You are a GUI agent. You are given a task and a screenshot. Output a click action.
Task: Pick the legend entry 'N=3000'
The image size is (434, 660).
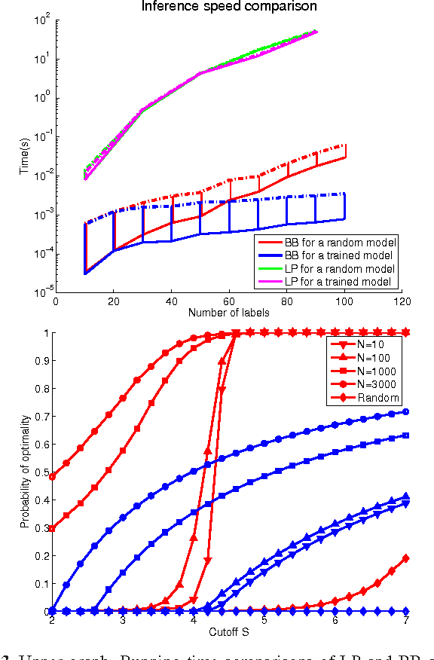click(x=378, y=384)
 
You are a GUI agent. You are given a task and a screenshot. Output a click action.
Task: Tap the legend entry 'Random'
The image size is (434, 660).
click(x=380, y=398)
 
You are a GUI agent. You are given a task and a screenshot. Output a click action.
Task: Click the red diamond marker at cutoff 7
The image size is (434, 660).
click(x=407, y=558)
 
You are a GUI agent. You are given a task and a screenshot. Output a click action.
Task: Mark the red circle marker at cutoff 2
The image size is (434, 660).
click(x=52, y=476)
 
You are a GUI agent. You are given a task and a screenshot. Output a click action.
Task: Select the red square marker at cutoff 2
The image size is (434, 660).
click(x=52, y=529)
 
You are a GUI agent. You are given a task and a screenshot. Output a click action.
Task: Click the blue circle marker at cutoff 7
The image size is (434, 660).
click(x=407, y=412)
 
